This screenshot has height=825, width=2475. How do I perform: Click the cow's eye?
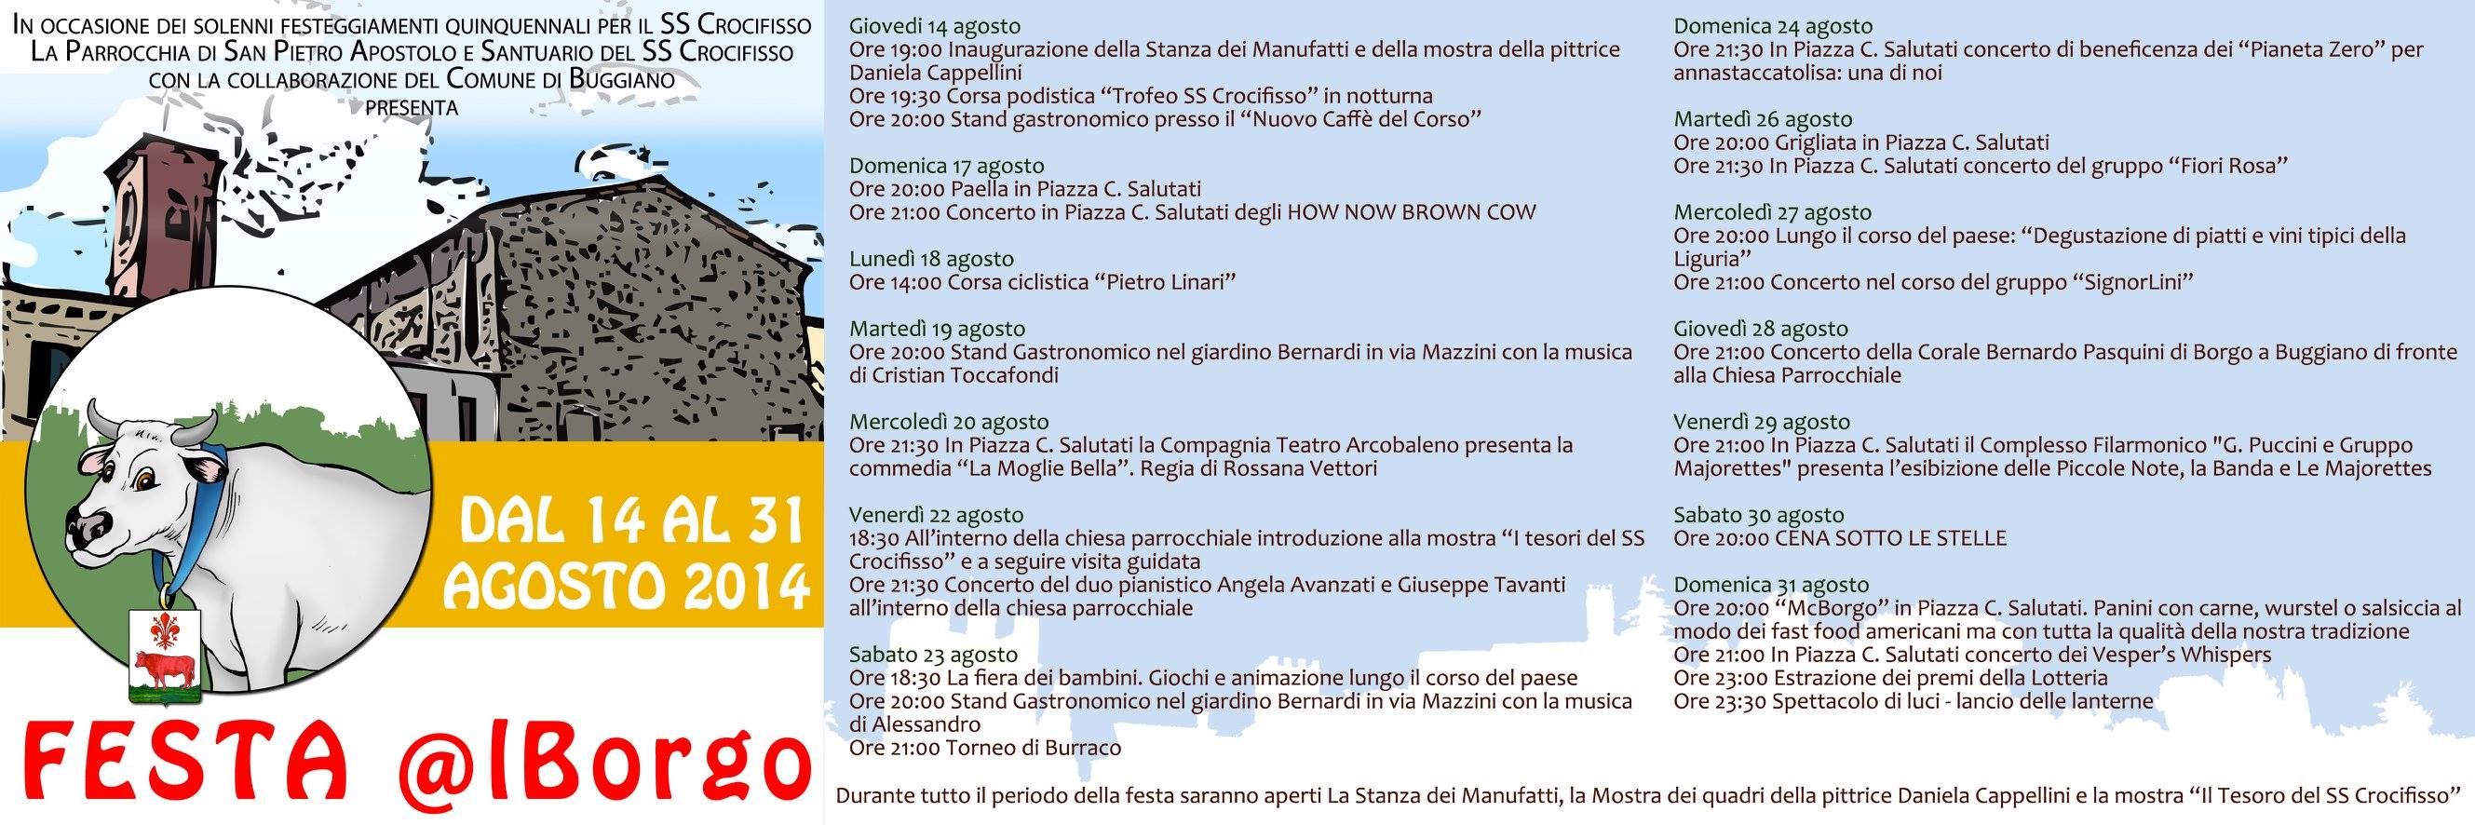click(x=145, y=478)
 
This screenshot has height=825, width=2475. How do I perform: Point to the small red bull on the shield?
click(x=160, y=667)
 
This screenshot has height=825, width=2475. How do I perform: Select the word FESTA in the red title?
click(x=183, y=771)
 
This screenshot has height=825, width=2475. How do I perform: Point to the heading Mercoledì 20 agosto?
click(x=948, y=422)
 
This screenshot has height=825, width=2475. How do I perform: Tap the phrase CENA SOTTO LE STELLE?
click(x=1890, y=538)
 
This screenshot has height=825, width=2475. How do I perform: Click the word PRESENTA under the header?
click(x=412, y=108)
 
